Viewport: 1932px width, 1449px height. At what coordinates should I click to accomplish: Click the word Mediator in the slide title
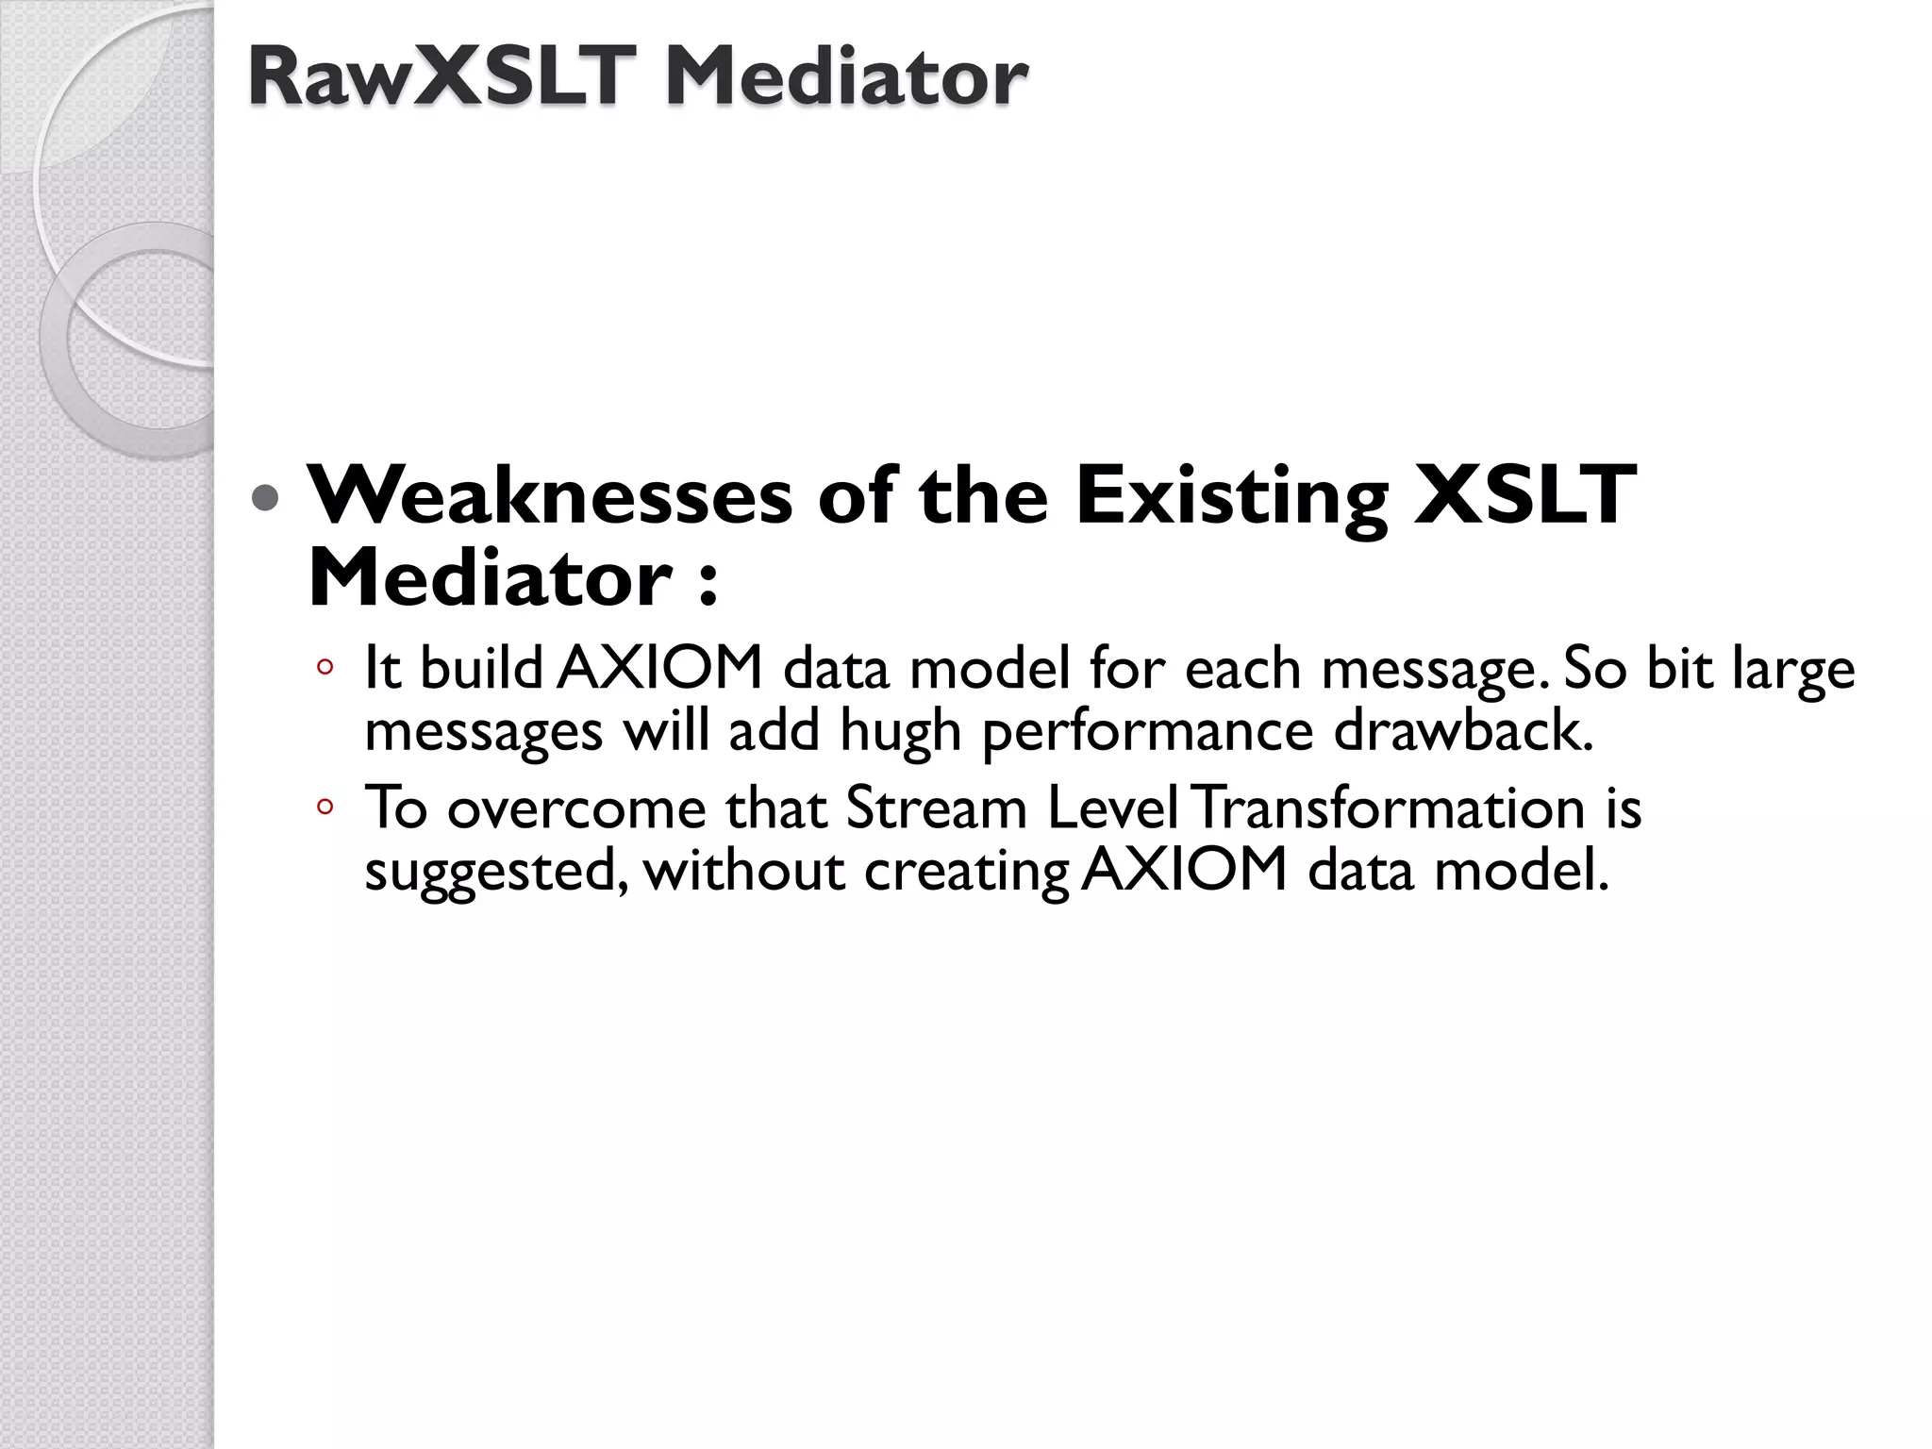[x=846, y=77]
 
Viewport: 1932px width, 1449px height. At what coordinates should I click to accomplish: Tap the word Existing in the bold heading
[x=1231, y=496]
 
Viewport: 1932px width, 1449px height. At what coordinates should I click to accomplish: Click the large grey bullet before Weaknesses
[x=267, y=497]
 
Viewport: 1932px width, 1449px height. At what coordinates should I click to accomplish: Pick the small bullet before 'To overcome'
[x=325, y=808]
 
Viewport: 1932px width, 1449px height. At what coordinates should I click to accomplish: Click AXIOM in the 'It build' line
[x=658, y=668]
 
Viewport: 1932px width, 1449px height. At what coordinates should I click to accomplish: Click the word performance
[x=1147, y=731]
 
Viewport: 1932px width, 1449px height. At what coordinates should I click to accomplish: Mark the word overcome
[x=576, y=809]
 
